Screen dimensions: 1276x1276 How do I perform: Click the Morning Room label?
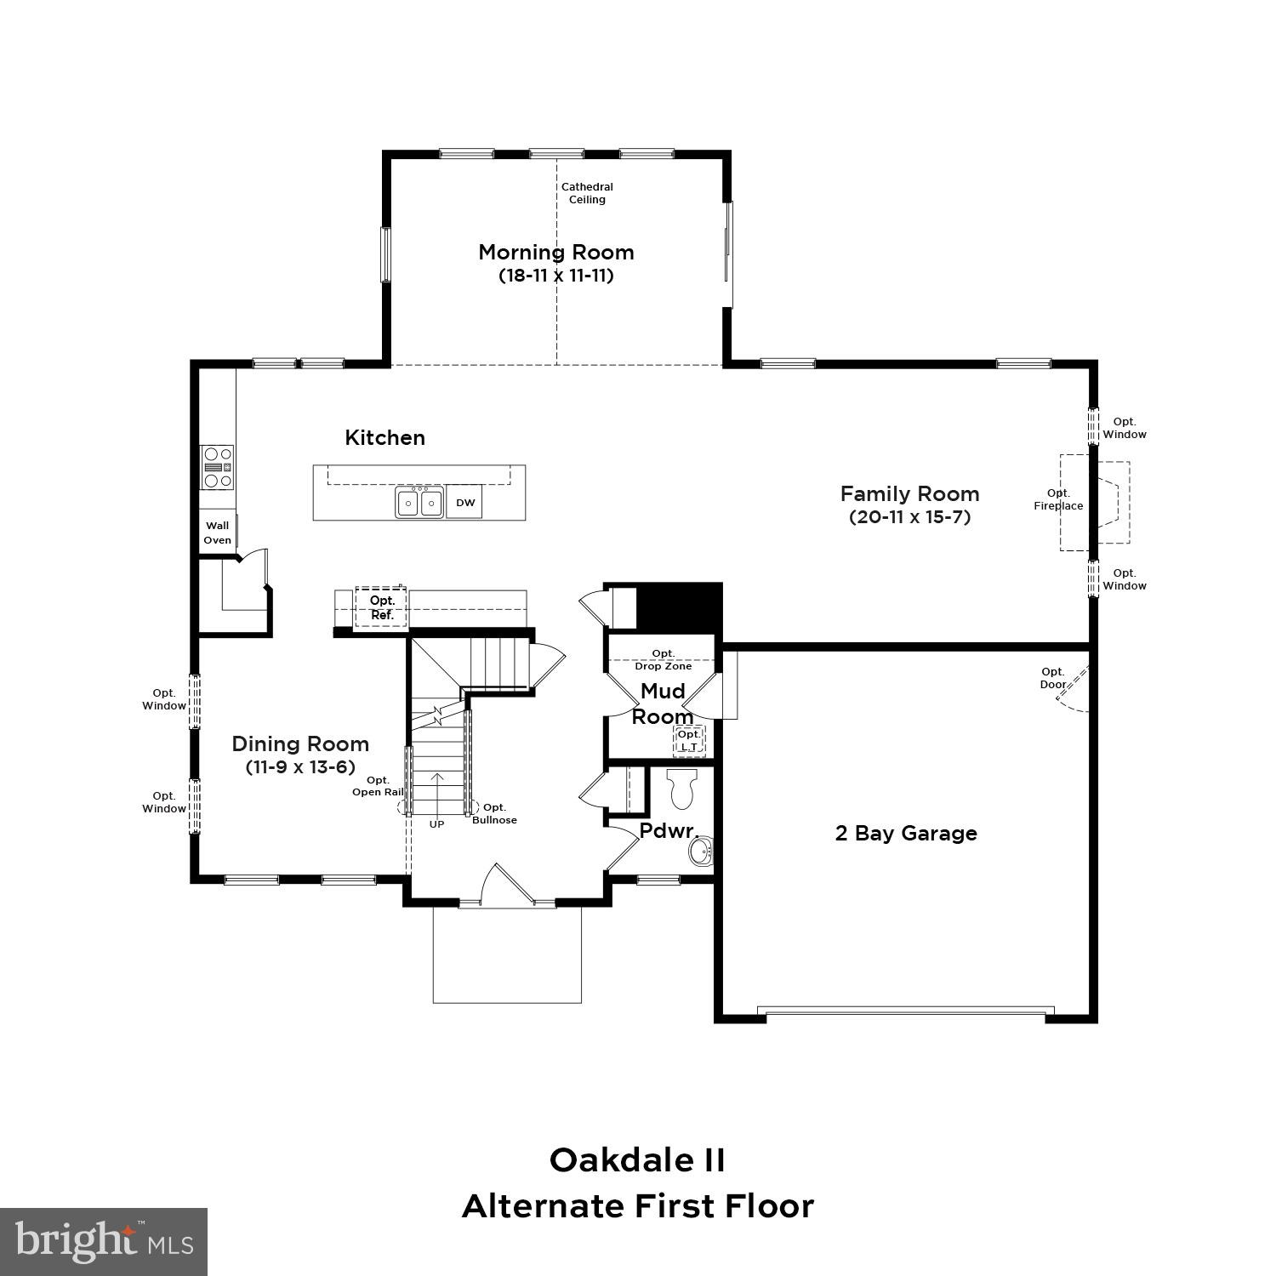click(x=555, y=253)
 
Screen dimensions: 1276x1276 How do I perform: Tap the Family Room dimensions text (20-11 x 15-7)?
click(x=909, y=517)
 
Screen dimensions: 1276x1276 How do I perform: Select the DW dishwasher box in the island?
click(x=465, y=503)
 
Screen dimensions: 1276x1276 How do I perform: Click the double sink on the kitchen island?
click(x=419, y=503)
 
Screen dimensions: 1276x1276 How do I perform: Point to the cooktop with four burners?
click(x=217, y=467)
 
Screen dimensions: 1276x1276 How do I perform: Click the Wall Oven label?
click(x=217, y=533)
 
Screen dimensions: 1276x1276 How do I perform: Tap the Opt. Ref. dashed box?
click(x=381, y=607)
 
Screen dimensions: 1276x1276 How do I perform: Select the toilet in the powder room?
click(x=682, y=789)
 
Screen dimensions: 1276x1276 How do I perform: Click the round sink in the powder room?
click(x=701, y=851)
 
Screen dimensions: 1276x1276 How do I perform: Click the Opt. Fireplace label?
click(x=1058, y=499)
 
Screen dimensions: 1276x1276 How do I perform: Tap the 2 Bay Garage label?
click(x=906, y=834)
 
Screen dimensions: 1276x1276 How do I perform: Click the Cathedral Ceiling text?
click(x=587, y=193)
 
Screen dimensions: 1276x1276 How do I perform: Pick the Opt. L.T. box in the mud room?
click(x=689, y=741)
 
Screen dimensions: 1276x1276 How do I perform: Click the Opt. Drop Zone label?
click(x=663, y=659)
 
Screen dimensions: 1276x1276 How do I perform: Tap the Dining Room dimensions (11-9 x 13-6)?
click(x=300, y=767)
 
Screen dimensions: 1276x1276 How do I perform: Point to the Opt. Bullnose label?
click(x=494, y=813)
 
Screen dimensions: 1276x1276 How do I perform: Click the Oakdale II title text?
click(x=637, y=1160)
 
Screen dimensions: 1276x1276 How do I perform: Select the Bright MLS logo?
click(x=104, y=1241)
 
